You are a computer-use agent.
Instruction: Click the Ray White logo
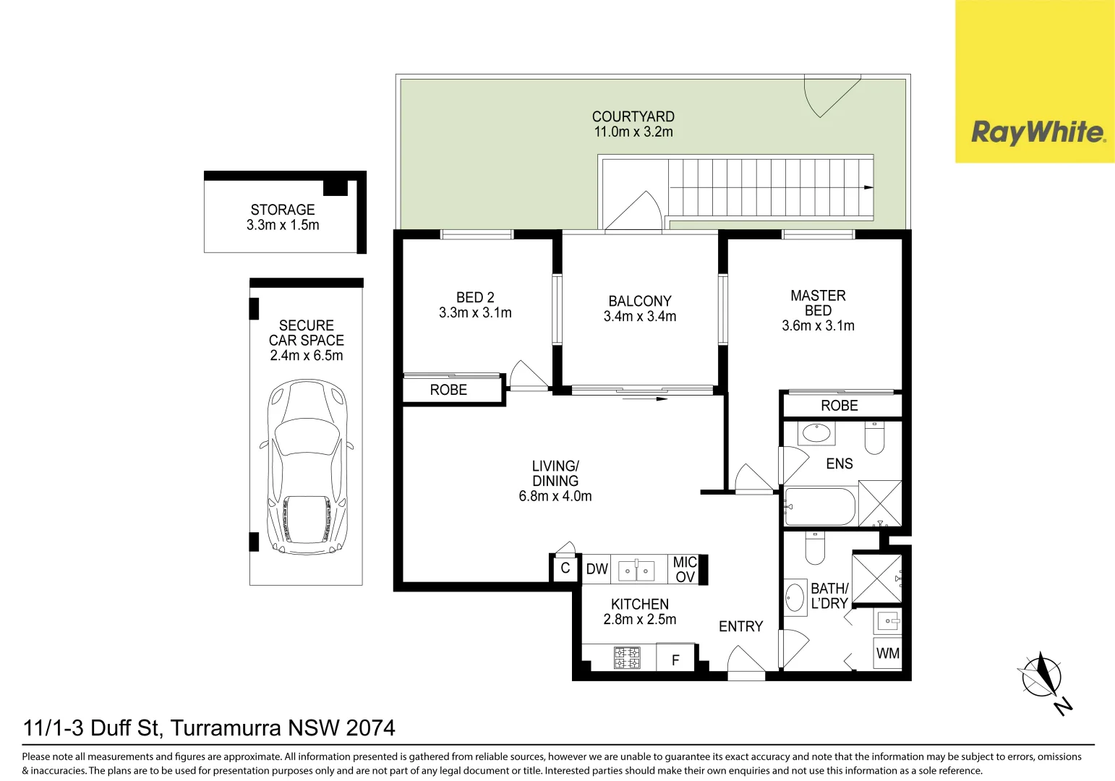pos(1037,132)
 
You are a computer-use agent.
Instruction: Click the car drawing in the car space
pos(307,467)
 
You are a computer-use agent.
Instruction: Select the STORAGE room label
pos(283,210)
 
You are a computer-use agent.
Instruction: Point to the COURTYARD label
pos(633,116)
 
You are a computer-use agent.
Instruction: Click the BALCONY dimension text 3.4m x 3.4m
pos(640,317)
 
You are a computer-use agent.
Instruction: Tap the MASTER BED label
pos(818,303)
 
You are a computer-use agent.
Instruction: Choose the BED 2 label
pos(475,297)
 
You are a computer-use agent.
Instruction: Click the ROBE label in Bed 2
pos(448,390)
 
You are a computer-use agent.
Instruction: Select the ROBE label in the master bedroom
pos(839,406)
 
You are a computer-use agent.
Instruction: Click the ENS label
pos(839,464)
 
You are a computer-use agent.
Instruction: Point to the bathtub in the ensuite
pos(820,507)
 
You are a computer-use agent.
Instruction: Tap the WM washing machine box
pos(887,654)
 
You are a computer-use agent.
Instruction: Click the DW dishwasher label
pos(597,569)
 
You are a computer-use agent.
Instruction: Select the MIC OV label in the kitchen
pos(685,569)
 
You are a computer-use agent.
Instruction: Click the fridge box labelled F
pos(675,659)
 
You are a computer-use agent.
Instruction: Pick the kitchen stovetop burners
pos(627,658)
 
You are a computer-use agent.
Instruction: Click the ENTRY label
pos(740,626)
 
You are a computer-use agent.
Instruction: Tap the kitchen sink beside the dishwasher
pos(636,571)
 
